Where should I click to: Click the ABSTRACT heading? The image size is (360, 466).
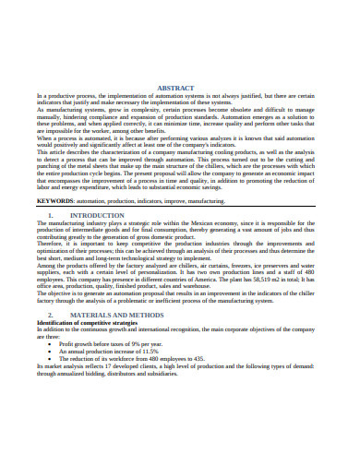179,87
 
